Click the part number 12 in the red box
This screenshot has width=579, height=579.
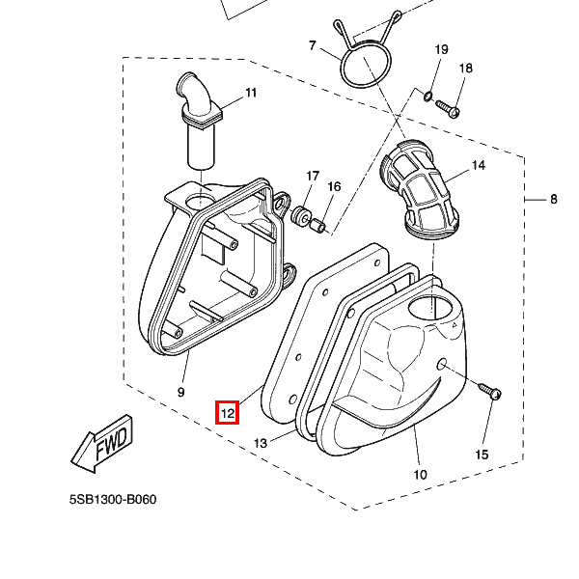(x=227, y=412)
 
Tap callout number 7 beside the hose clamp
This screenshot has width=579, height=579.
(x=313, y=46)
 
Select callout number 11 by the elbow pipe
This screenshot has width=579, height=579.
(x=251, y=94)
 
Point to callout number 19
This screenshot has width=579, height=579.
(x=441, y=49)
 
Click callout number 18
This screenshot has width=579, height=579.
(x=465, y=69)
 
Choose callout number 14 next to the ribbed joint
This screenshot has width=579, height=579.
(x=478, y=166)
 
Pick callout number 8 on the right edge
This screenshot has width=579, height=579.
(x=554, y=200)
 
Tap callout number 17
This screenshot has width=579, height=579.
(x=313, y=176)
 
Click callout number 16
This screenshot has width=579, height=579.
(x=334, y=186)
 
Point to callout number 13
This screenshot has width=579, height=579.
(x=260, y=443)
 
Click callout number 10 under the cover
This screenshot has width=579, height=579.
(x=420, y=474)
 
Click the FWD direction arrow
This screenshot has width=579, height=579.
(x=101, y=444)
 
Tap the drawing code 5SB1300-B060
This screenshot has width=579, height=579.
(x=113, y=501)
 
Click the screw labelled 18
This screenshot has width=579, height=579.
(x=447, y=106)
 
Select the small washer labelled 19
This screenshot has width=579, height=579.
(x=426, y=96)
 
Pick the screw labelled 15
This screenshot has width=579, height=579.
(x=489, y=391)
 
